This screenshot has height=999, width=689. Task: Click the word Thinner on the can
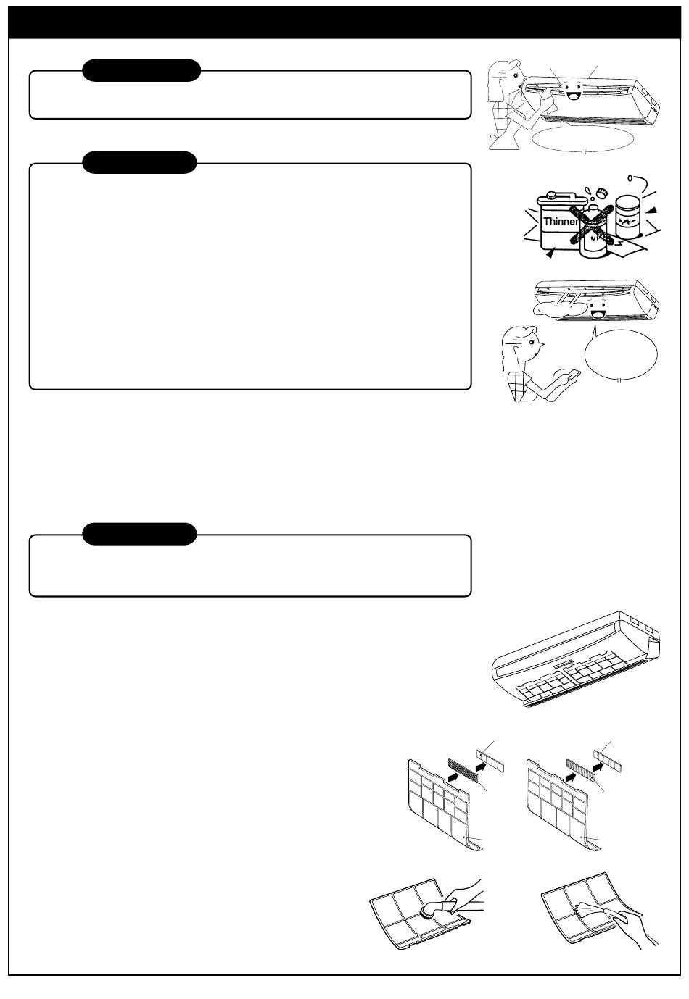tap(561, 221)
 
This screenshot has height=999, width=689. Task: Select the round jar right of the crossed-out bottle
tap(629, 217)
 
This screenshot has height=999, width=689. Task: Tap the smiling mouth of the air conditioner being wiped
tap(572, 95)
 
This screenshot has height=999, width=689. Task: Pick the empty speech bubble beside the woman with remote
tap(621, 354)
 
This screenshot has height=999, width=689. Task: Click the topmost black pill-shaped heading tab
tap(141, 70)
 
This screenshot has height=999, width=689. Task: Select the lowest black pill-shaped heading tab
tap(139, 534)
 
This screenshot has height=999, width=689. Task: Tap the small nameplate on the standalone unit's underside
tap(565, 666)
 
